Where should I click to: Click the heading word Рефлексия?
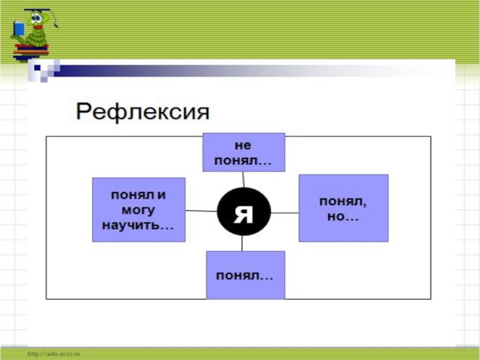coord(142,112)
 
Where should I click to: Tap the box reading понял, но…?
coord(343,208)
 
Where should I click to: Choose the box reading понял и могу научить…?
coord(138,209)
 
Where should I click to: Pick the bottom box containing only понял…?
coord(245,275)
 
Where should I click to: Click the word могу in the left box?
coord(138,210)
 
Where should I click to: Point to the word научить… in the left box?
coord(138,224)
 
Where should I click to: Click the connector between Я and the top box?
coord(243,179)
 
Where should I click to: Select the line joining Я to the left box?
coord(200,211)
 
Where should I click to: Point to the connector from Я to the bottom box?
coord(242,243)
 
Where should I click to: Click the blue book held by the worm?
coord(19,28)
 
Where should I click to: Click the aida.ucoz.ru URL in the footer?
coord(53,355)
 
